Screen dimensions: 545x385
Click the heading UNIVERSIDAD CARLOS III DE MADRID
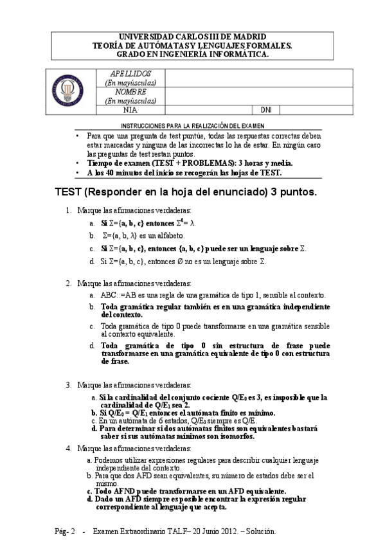(x=193, y=37)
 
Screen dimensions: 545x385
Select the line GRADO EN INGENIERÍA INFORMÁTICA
(x=193, y=54)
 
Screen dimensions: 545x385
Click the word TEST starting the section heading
(x=67, y=192)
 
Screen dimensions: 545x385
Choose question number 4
(x=68, y=448)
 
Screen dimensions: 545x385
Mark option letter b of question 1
(x=93, y=236)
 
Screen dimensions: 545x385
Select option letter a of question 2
(x=93, y=294)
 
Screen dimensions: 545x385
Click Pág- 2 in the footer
(x=65, y=532)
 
